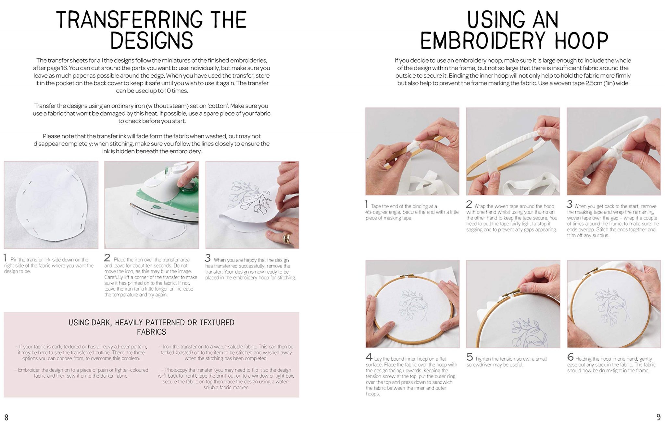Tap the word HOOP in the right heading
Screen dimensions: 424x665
[x=582, y=41]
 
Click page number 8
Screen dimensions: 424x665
[x=6, y=417]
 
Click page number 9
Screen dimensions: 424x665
[x=658, y=417]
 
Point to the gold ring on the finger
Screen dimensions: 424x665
[x=287, y=239]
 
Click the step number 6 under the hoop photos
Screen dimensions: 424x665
[x=570, y=357]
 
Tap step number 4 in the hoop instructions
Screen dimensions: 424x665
[x=369, y=357]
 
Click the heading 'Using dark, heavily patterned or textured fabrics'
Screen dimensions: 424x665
[x=151, y=327]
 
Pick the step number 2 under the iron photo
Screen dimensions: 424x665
[x=107, y=258]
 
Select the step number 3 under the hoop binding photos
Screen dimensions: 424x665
[x=570, y=204]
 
